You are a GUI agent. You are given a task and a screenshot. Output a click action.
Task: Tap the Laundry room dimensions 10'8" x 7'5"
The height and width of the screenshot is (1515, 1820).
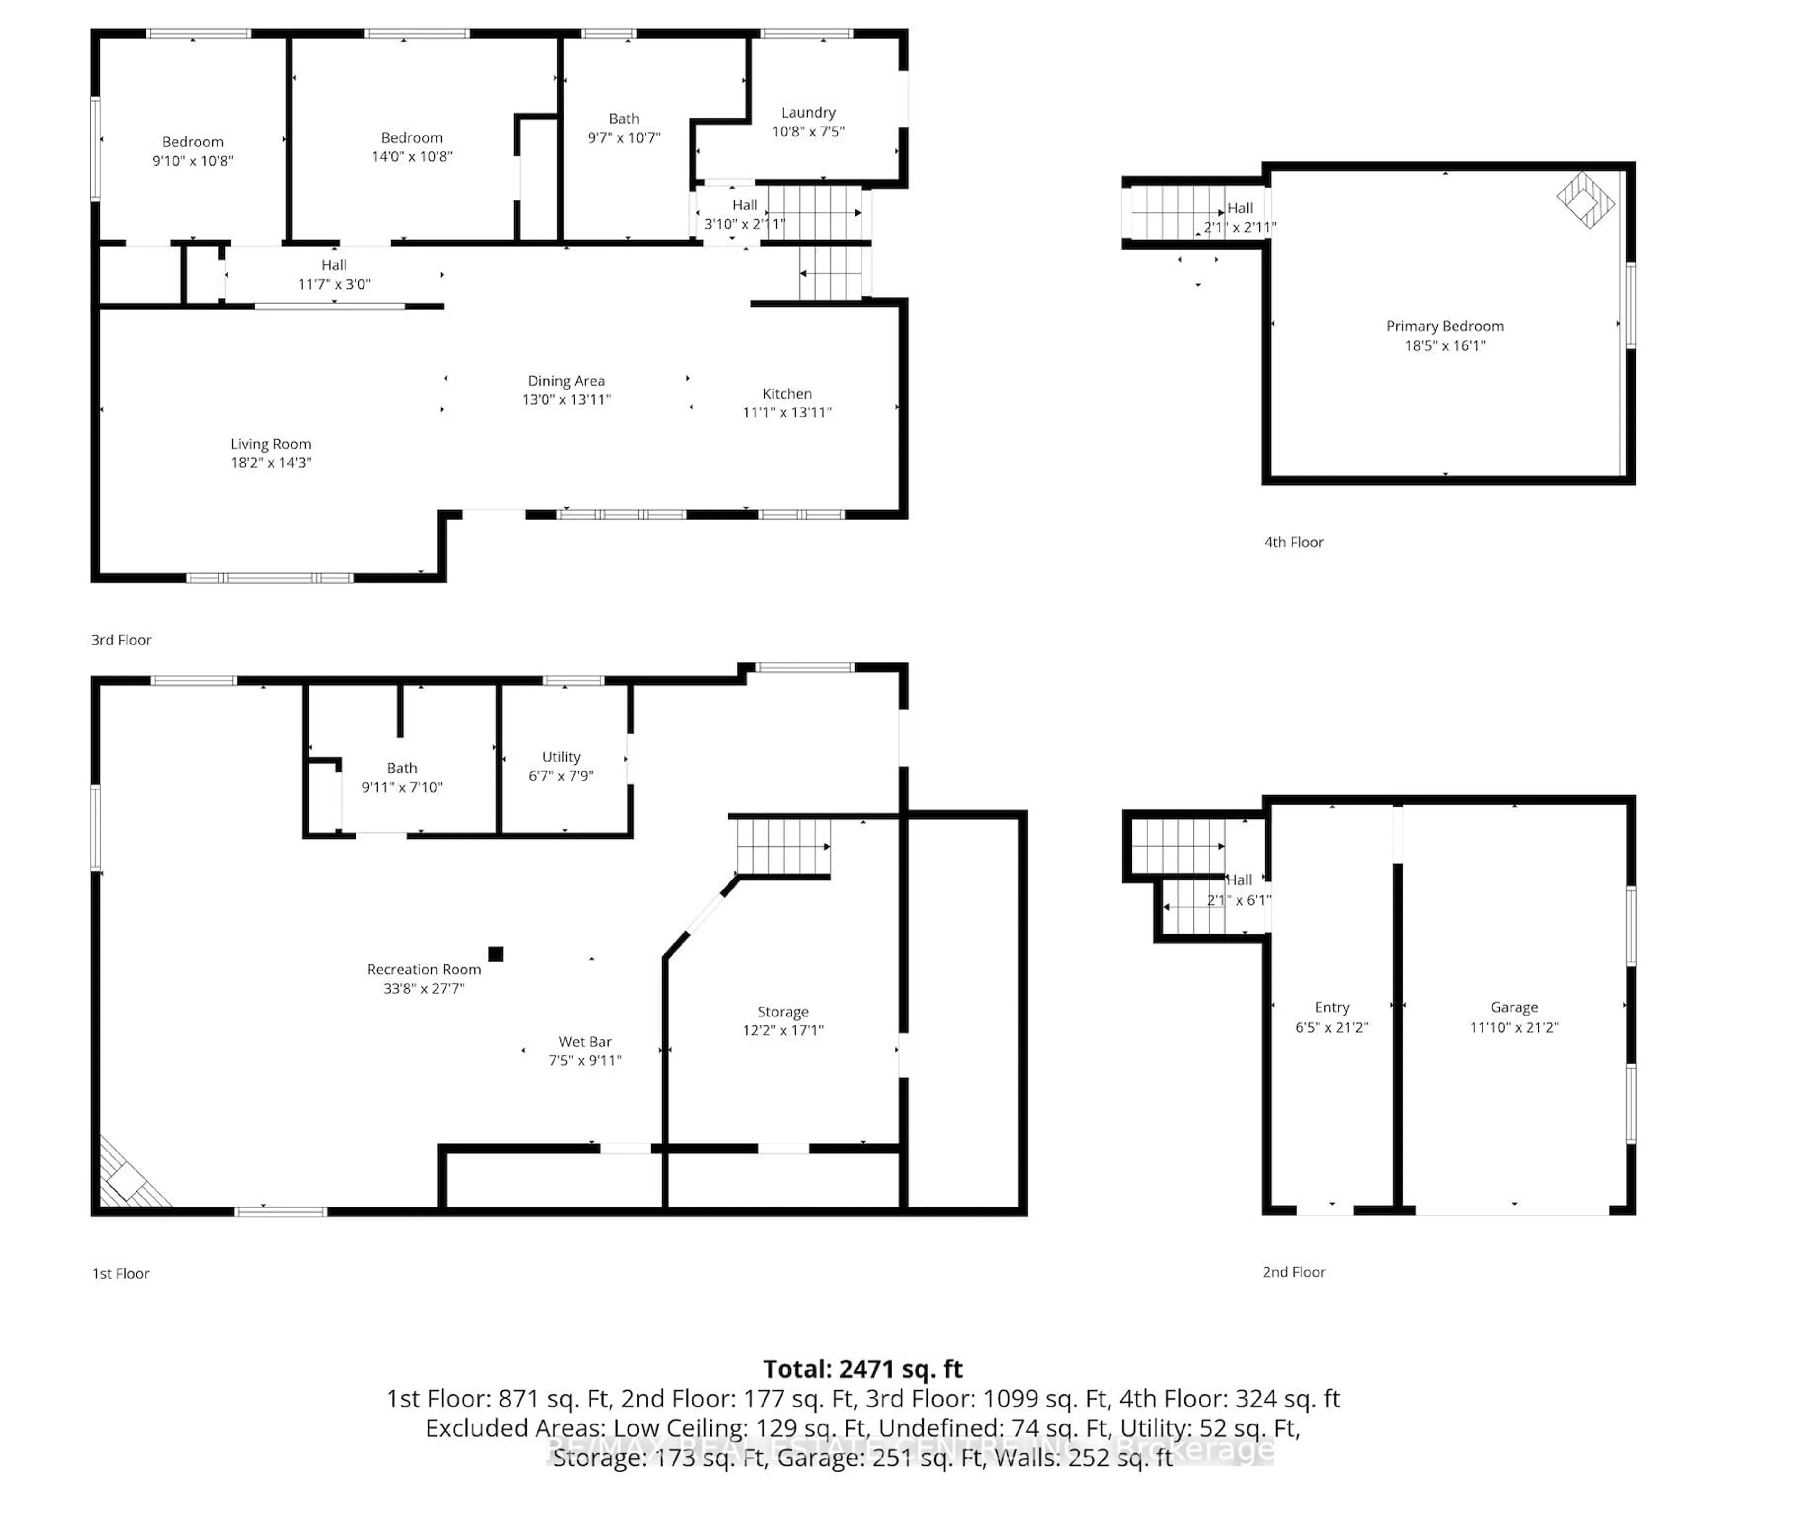[x=808, y=132]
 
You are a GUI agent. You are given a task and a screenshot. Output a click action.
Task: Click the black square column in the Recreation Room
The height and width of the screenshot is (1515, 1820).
[x=496, y=954]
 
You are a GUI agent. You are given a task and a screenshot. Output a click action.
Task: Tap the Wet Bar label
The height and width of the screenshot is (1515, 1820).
[x=585, y=1042]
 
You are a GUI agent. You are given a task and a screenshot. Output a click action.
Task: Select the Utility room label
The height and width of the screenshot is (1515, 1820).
[x=561, y=757]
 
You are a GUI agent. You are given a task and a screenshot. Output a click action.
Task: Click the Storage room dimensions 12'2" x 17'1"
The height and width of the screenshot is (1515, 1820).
[x=783, y=1031]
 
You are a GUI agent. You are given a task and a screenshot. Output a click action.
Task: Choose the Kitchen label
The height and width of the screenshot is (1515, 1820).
[x=787, y=393]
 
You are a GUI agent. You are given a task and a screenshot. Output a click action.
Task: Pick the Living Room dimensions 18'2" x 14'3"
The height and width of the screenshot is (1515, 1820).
[x=271, y=463]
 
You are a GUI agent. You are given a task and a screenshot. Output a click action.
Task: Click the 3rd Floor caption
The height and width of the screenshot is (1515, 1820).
[x=121, y=640]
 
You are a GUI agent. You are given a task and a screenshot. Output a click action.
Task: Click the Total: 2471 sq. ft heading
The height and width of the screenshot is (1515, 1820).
[x=862, y=1369]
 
